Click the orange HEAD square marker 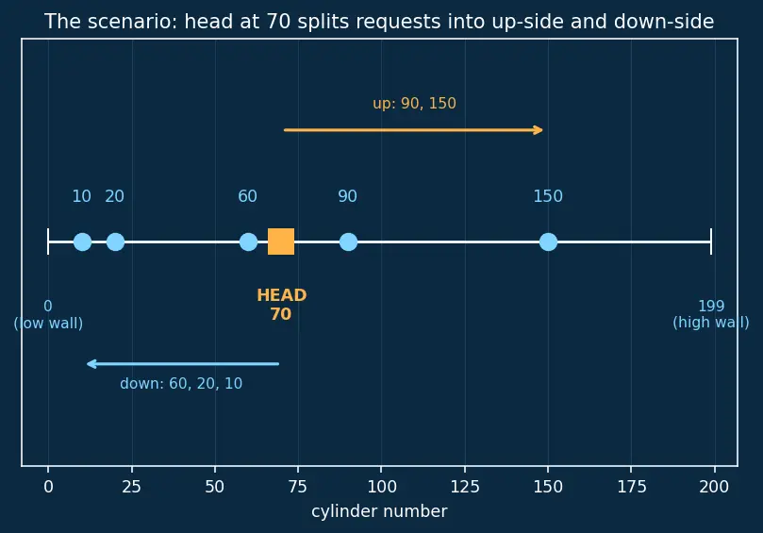pyautogui.click(x=281, y=242)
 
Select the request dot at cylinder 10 pyautogui.click(x=82, y=242)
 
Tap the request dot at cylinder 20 pyautogui.click(x=115, y=242)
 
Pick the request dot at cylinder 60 pyautogui.click(x=248, y=242)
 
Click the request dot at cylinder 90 pyautogui.click(x=348, y=242)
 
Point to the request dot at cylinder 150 pyautogui.click(x=548, y=242)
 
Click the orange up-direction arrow pyautogui.click(x=413, y=130)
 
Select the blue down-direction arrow pyautogui.click(x=183, y=363)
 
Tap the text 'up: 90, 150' pyautogui.click(x=414, y=103)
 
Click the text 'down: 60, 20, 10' pyautogui.click(x=181, y=384)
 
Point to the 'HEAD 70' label pyautogui.click(x=281, y=304)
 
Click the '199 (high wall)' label pyautogui.click(x=711, y=314)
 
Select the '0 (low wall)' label pyautogui.click(x=48, y=314)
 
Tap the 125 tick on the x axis pyautogui.click(x=465, y=469)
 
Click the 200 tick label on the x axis pyautogui.click(x=714, y=486)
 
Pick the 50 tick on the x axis pyautogui.click(x=215, y=469)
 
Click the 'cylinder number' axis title pyautogui.click(x=379, y=511)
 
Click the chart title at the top pyautogui.click(x=379, y=22)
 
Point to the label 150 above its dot pyautogui.click(x=548, y=196)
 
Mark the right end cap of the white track pyautogui.click(x=711, y=242)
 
